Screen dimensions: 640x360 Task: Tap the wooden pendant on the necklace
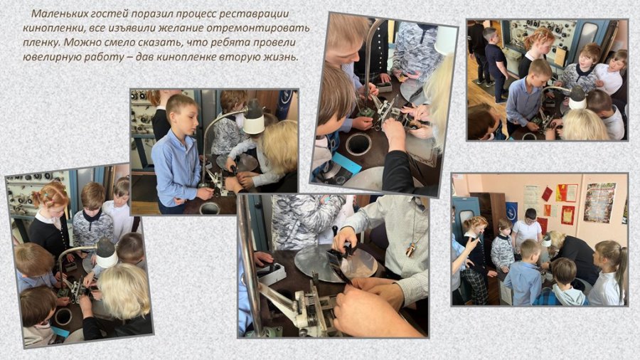point(412,249)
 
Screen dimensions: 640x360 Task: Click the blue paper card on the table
point(347,163)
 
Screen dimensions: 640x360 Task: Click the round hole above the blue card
point(358,144)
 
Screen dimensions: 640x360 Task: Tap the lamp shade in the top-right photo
point(577,98)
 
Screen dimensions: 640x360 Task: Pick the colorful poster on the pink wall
point(599,203)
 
